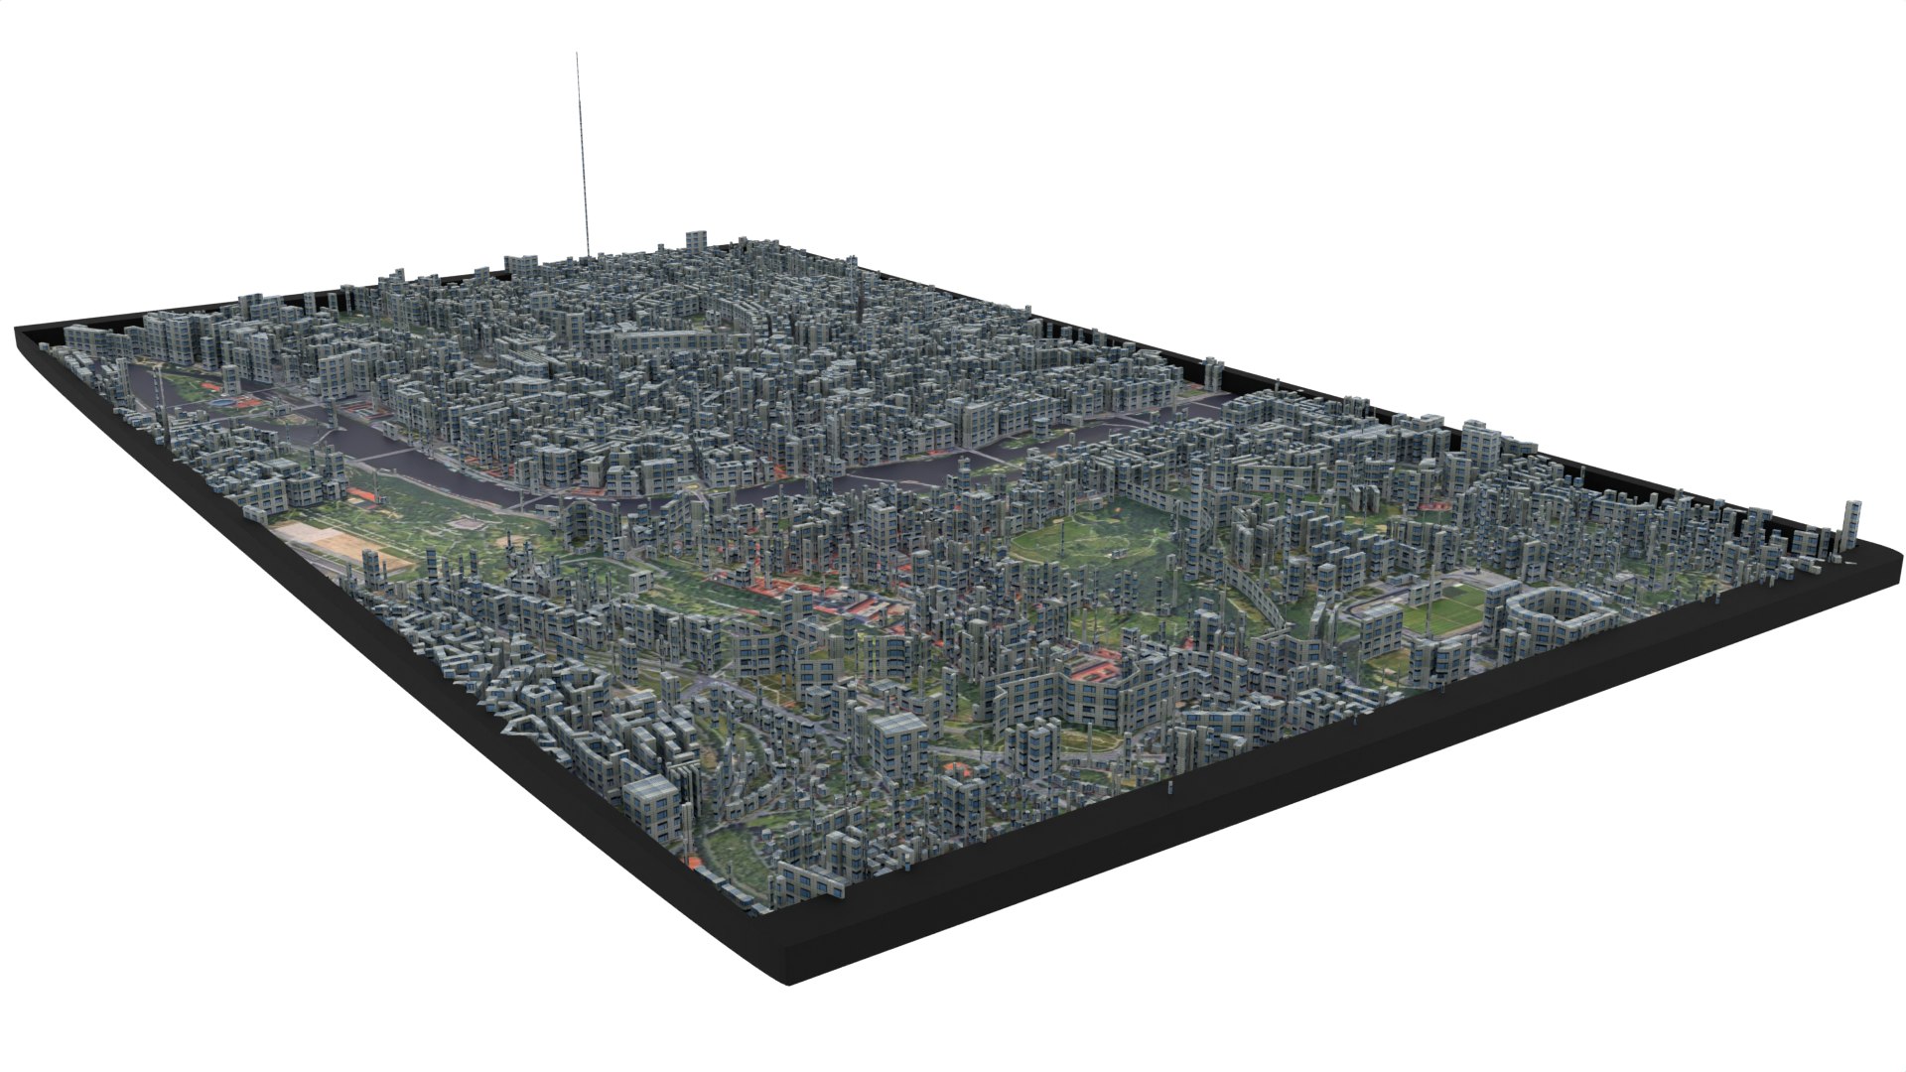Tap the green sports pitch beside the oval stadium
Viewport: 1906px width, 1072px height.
[1444, 608]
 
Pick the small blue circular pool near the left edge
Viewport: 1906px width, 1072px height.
[229, 403]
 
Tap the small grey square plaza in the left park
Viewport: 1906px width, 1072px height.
[464, 523]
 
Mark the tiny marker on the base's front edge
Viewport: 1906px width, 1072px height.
[1170, 789]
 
